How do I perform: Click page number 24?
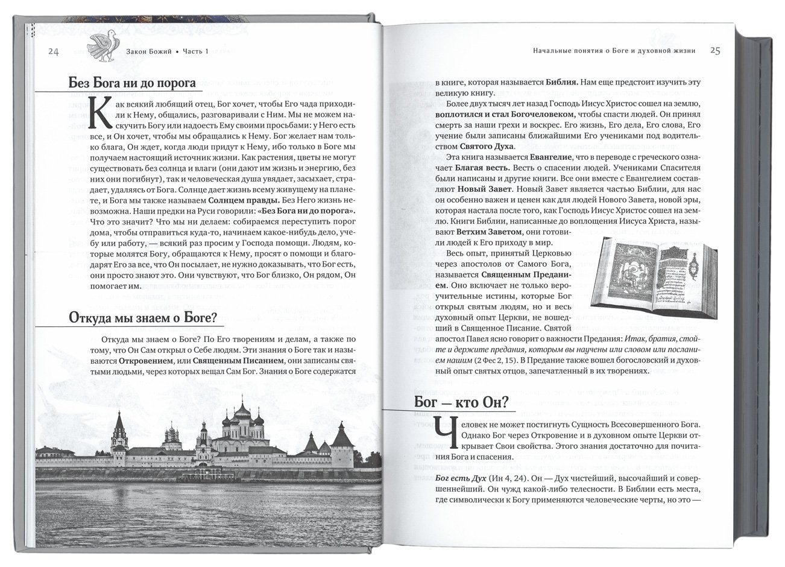point(53,52)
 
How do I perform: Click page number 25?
point(716,51)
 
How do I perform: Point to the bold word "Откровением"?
point(145,360)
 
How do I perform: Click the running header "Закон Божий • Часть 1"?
point(167,52)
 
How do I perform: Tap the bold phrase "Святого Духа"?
point(487,146)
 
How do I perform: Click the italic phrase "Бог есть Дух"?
point(460,479)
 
